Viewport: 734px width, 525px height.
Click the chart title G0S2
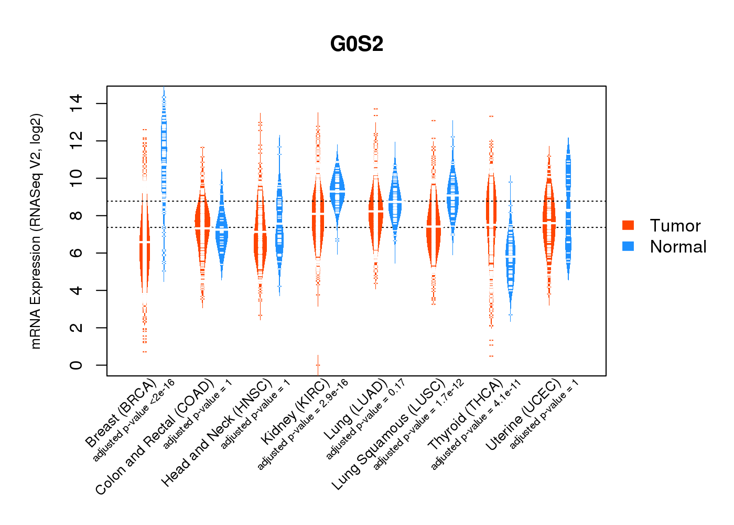pos(357,44)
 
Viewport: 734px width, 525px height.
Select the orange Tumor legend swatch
pos(628,225)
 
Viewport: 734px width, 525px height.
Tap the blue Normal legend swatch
pos(628,246)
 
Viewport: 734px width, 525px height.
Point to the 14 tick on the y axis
pos(76,103)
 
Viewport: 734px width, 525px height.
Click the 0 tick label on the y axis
pos(76,365)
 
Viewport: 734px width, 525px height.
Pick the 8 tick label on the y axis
pos(76,216)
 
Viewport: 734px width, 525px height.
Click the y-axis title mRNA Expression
pos(36,231)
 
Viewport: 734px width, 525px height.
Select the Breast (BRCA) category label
pos(121,413)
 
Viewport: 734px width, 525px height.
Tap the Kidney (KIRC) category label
pos(295,411)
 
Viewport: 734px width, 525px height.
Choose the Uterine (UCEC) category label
pos(523,415)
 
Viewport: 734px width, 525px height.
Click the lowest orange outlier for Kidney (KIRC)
pos(318,365)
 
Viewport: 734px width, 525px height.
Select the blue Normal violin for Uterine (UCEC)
pos(568,210)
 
